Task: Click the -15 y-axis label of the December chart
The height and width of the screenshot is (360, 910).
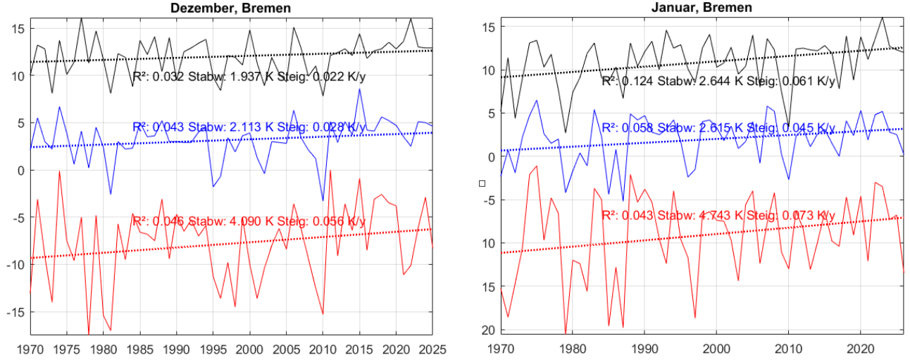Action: [x=15, y=312]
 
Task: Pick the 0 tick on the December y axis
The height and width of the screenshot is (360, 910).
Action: [x=21, y=170]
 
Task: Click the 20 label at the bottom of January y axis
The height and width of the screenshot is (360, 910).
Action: [x=485, y=330]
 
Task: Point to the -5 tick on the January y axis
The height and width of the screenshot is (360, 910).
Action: [x=485, y=200]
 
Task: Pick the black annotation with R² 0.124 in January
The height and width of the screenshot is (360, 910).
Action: [x=718, y=82]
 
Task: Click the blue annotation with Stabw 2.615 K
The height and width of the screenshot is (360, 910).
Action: [x=718, y=128]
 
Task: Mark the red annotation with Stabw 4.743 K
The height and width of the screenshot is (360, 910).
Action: [x=718, y=215]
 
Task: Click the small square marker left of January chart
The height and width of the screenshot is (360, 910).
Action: [x=482, y=183]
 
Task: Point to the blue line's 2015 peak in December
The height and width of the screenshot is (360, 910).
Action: [x=359, y=89]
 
